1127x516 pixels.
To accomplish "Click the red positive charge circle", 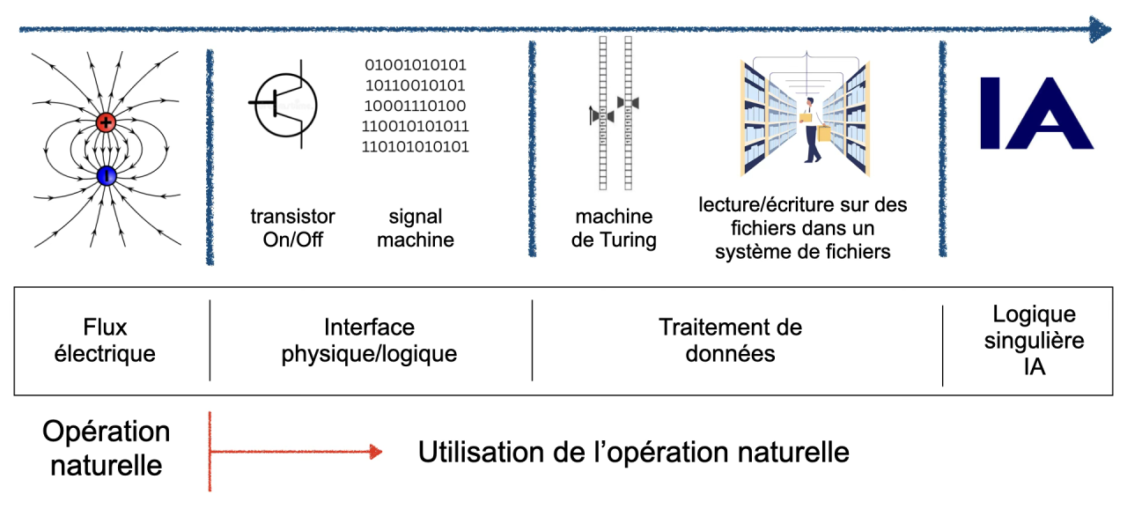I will point(107,122).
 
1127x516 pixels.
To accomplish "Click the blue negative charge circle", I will point(107,176).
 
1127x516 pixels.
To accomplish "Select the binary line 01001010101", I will point(415,65).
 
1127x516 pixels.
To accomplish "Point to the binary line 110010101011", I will point(415,126).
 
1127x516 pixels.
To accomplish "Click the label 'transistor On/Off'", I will point(293,227).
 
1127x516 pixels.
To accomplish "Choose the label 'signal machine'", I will point(415,227).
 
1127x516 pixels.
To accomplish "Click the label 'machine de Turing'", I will point(614,227).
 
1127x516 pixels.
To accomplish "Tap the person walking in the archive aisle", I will point(811,130).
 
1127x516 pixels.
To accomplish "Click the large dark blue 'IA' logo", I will point(1036,113).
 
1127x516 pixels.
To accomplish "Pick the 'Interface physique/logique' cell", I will point(369,341).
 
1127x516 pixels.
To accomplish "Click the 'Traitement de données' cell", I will point(731,341).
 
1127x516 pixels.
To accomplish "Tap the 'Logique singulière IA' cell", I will point(1034,341).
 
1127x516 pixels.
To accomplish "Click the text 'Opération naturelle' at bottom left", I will point(106,447).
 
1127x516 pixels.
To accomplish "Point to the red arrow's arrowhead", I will point(376,453).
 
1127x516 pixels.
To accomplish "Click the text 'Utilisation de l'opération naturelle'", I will point(633,453).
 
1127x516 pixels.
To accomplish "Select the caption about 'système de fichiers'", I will point(802,228).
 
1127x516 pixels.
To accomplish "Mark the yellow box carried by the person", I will point(824,133).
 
